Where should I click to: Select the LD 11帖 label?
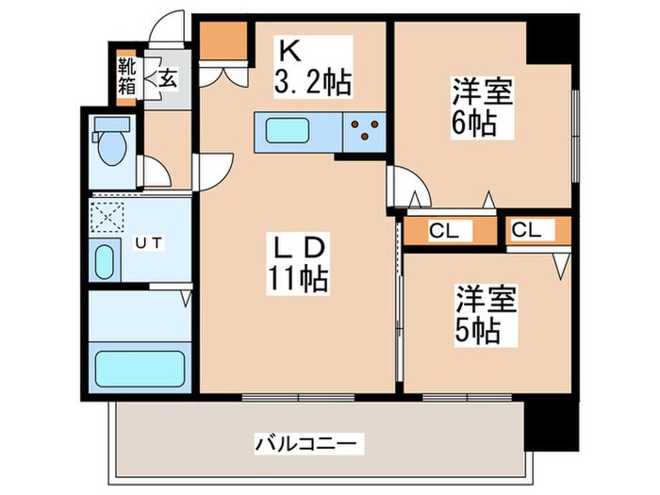click(300, 263)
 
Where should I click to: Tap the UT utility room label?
click(146, 242)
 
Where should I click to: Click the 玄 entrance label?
click(167, 77)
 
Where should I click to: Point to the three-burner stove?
click(362, 131)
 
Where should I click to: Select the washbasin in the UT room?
click(105, 259)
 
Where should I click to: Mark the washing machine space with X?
click(107, 216)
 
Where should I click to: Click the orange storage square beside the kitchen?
click(223, 40)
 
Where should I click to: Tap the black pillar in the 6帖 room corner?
click(550, 42)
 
